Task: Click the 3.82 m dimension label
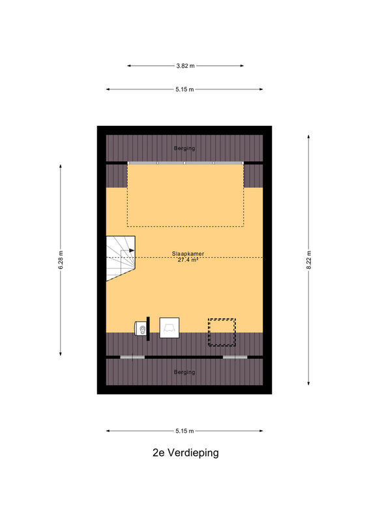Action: pos(185,66)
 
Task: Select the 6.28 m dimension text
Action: pos(61,260)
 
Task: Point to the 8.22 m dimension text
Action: pos(309,260)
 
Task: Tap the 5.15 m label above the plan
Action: pos(184,89)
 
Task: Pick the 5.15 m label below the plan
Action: pos(184,431)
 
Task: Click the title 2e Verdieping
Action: pos(186,453)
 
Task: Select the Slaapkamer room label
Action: pos(188,254)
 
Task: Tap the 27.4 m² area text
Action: pos(188,260)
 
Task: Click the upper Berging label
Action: pos(184,148)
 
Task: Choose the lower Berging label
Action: pos(184,372)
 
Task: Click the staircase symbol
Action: pos(121,258)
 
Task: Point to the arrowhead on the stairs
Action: pos(132,251)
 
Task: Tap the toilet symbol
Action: pos(140,330)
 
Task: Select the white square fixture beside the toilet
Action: pos(170,328)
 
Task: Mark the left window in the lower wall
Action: pos(132,357)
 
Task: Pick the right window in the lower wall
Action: pos(235,357)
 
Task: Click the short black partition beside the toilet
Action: pos(148,329)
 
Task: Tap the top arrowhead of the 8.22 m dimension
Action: pos(309,137)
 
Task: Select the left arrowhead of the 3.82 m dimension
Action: pos(129,66)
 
